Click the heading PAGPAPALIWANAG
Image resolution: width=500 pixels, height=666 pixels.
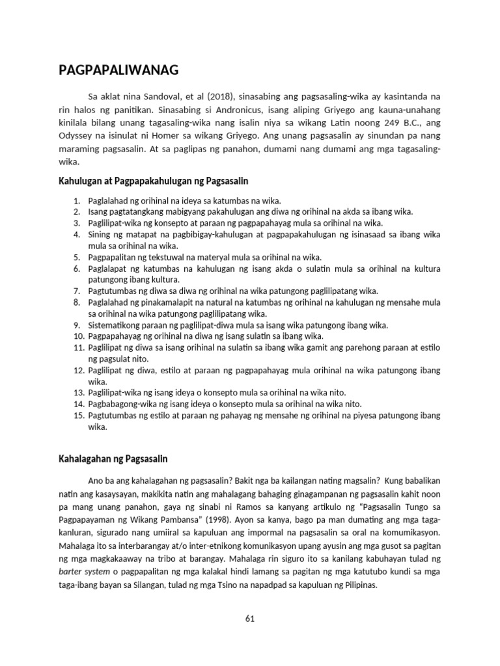coord(119,70)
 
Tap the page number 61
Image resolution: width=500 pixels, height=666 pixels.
coord(249,619)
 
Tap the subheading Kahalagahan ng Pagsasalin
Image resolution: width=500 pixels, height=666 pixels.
coord(113,459)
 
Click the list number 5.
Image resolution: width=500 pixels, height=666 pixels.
coord(76,258)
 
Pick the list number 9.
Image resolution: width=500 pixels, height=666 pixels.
coord(76,325)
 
